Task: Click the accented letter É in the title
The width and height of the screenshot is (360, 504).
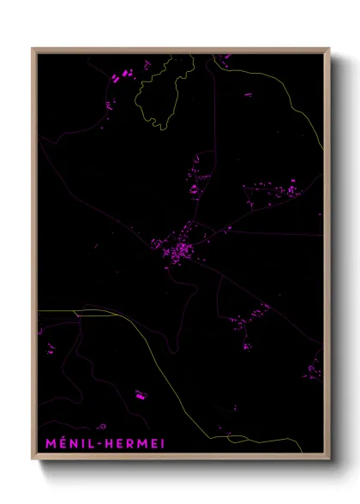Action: coord(55,443)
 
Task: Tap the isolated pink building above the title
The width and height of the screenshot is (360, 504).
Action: coord(141,395)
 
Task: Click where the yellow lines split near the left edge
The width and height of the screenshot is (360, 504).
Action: coord(79,315)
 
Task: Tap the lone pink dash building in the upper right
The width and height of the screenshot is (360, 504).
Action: coord(228,57)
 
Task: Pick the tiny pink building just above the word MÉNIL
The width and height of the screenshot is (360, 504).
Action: coord(101,425)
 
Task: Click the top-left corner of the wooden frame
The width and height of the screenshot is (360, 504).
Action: coord(33,49)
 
